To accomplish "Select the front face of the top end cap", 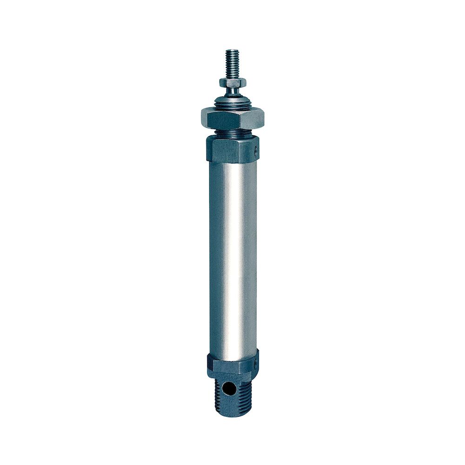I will pyautogui.click(x=228, y=150).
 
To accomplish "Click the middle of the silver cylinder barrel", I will pyautogui.click(x=232, y=256).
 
